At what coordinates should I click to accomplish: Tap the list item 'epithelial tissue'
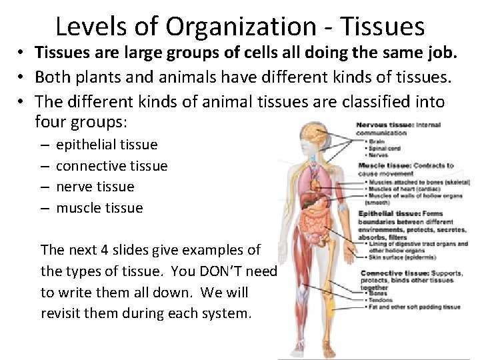tap(107, 145)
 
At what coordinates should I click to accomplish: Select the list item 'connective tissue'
tap(111, 166)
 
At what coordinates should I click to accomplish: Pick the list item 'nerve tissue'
tap(95, 187)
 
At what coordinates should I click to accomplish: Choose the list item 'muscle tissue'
tap(99, 208)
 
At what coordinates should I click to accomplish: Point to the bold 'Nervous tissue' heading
tap(385, 125)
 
